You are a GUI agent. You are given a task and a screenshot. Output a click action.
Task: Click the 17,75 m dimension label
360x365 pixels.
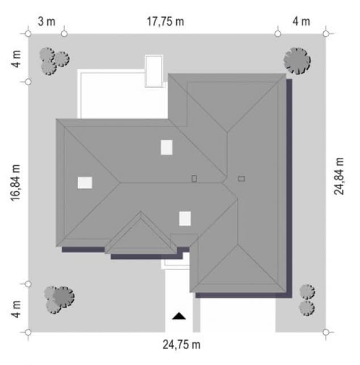click(x=165, y=22)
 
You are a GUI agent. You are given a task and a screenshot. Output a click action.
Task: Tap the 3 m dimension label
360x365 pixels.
click(x=47, y=22)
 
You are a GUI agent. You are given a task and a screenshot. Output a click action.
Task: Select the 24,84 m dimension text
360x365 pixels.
click(x=339, y=176)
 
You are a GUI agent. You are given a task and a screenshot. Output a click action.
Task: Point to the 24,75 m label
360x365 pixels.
click(x=181, y=345)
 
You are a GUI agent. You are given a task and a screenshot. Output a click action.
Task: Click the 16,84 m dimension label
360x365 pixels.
click(x=15, y=183)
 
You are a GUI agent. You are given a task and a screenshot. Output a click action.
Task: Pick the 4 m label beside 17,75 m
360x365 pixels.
click(x=302, y=22)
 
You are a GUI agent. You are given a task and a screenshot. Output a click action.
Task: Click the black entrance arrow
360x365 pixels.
click(x=179, y=316)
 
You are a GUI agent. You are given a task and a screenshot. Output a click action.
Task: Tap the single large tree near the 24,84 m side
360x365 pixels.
click(x=297, y=61)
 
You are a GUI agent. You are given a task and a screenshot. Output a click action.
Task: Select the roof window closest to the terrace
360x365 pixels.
click(x=166, y=148)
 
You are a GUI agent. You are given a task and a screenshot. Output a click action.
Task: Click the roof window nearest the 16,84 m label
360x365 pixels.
click(x=85, y=183)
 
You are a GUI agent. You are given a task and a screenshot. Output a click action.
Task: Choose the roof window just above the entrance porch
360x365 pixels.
click(x=185, y=219)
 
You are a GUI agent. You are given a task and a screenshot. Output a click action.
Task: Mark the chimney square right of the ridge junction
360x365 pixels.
click(x=241, y=179)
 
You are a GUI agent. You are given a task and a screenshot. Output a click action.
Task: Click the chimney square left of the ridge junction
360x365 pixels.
click(x=194, y=179)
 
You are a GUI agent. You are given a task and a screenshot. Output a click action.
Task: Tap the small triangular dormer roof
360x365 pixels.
click(x=141, y=235)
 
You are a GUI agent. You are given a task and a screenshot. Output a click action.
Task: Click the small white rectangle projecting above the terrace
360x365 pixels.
click(x=154, y=71)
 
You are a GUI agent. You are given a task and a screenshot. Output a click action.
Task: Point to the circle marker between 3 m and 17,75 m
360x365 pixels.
click(x=64, y=34)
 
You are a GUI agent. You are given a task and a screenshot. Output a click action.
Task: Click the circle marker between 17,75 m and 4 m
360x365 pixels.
click(x=278, y=34)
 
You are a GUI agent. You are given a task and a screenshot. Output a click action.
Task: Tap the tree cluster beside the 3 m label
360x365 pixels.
click(x=55, y=61)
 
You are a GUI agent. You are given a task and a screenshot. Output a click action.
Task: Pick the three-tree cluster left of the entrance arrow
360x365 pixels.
click(x=59, y=300)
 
